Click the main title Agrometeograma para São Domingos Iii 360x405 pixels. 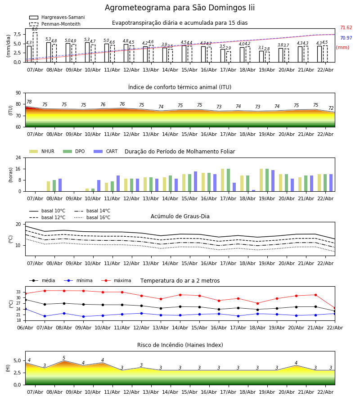(x=180, y=8)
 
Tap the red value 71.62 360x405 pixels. (x=346, y=28)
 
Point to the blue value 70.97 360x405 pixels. (x=346, y=38)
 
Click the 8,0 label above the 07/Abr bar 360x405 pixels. (x=35, y=29)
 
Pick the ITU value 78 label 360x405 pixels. (x=29, y=102)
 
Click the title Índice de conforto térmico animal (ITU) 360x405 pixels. (x=180, y=87)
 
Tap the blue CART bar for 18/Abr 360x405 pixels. (x=254, y=190)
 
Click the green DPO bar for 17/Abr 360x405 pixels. (x=229, y=180)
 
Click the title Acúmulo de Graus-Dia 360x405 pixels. (x=180, y=216)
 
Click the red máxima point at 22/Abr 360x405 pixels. (x=334, y=308)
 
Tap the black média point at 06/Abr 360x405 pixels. (x=25, y=300)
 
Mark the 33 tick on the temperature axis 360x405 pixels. (x=18, y=292)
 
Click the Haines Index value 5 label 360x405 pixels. (x=64, y=358)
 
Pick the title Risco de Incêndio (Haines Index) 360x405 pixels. (x=180, y=345)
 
